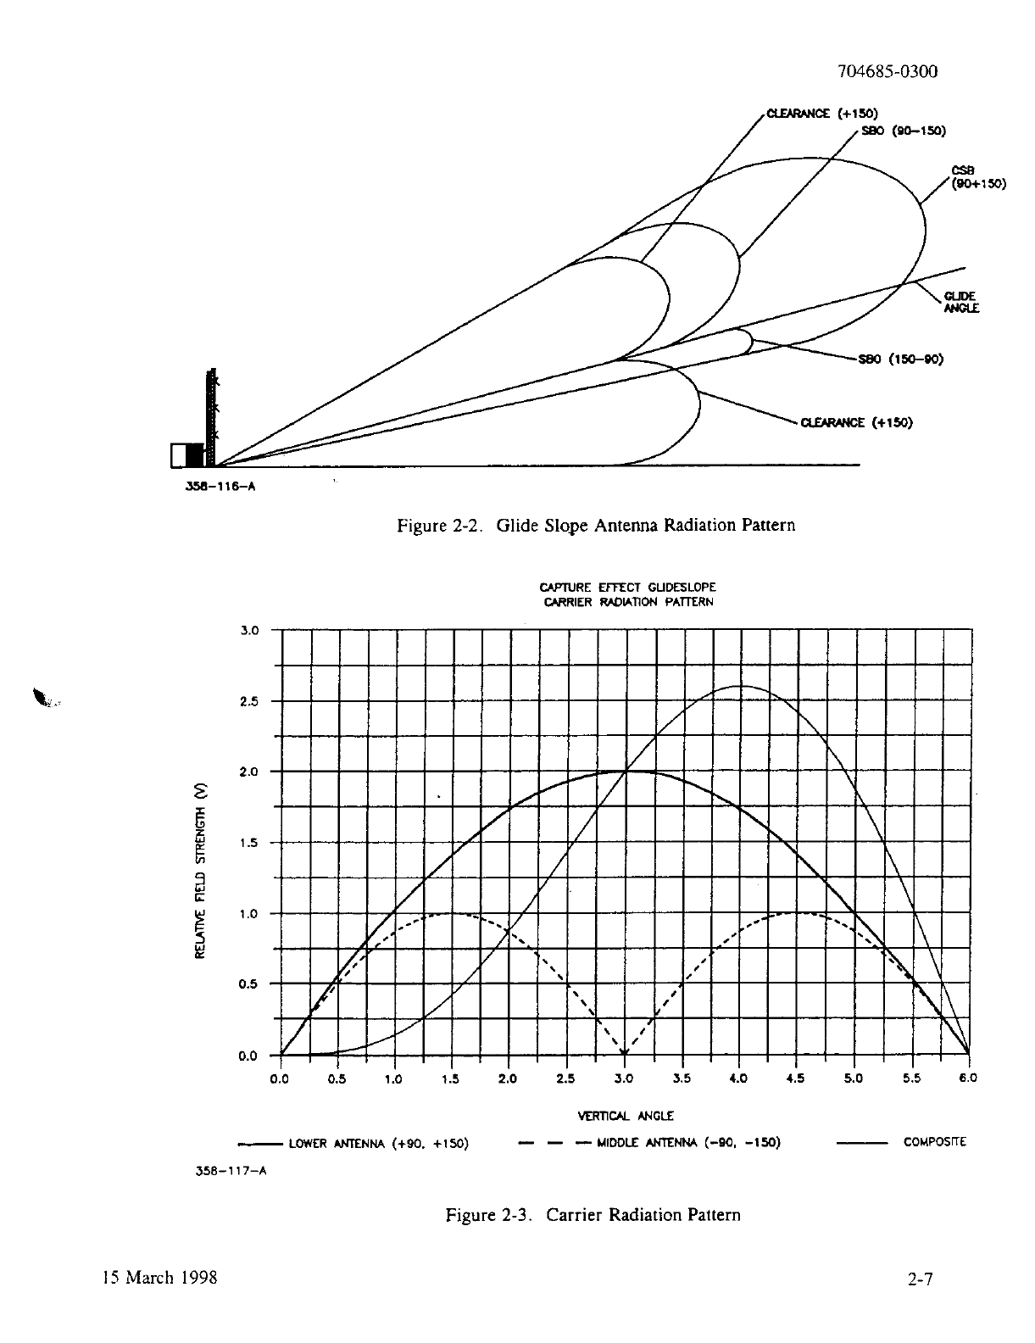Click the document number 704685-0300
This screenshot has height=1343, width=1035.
(x=888, y=72)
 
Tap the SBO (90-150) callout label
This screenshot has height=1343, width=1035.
(x=903, y=131)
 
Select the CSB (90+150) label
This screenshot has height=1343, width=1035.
(x=979, y=177)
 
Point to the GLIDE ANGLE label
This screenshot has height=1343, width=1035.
(x=961, y=302)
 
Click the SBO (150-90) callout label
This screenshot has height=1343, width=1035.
(x=901, y=359)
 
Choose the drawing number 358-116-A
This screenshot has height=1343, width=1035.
(x=220, y=487)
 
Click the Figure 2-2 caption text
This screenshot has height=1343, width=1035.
(x=596, y=526)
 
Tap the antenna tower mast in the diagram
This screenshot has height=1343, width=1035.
(x=211, y=417)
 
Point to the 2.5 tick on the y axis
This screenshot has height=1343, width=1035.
(x=249, y=701)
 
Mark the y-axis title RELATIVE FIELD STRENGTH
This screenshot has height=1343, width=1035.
(x=199, y=871)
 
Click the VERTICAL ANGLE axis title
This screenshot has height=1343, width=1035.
(x=626, y=1116)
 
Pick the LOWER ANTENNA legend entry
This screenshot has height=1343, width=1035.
(x=353, y=1144)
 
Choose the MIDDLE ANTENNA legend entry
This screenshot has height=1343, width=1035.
(x=650, y=1143)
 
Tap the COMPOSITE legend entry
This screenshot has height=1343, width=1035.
(x=901, y=1142)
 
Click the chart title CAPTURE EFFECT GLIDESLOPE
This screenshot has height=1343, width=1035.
(x=628, y=587)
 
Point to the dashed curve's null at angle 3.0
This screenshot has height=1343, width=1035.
(x=625, y=1054)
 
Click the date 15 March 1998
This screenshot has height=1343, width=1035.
(x=160, y=1278)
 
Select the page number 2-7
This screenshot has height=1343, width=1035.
(x=920, y=1279)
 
